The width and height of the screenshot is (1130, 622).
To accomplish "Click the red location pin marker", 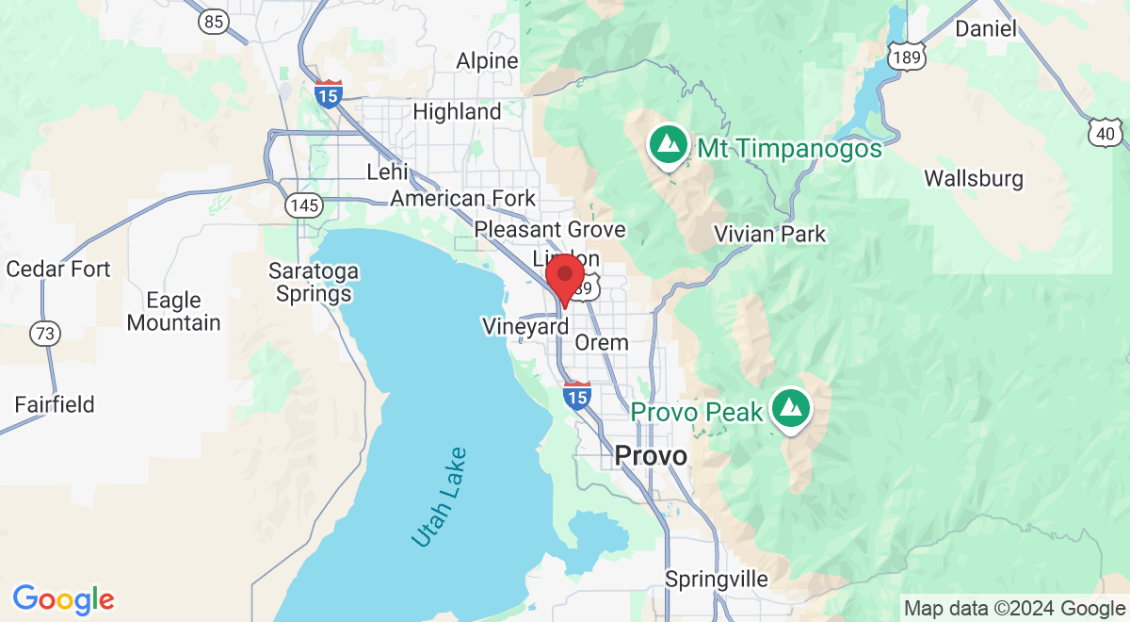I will [x=565, y=277].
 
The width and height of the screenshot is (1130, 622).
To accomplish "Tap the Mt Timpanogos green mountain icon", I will [x=668, y=145].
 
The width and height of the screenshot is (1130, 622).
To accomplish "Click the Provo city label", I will [x=650, y=456].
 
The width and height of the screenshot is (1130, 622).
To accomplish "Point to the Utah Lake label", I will [x=439, y=496].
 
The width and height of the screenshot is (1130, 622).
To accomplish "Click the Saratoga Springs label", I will [x=314, y=283].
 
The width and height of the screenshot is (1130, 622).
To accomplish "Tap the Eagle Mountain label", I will [x=174, y=311].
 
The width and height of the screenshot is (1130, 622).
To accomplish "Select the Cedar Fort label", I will [x=58, y=270].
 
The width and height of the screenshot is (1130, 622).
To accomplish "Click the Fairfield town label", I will [x=55, y=405].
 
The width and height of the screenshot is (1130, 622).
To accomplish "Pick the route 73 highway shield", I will [x=43, y=332].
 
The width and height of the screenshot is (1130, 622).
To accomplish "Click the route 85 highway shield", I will [x=215, y=21].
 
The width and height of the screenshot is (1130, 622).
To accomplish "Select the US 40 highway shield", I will [x=1104, y=135].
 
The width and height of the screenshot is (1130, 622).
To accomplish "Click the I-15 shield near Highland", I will [x=328, y=93].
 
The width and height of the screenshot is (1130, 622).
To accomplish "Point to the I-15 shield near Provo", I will [x=577, y=396].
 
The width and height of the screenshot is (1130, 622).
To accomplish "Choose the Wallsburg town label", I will [x=973, y=178].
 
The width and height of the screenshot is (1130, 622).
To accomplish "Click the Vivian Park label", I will [x=769, y=234].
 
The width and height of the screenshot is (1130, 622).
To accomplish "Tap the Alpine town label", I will [x=487, y=61].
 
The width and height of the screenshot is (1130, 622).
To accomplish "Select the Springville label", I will [x=716, y=579].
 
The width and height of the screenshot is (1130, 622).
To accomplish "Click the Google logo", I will [x=64, y=599].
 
